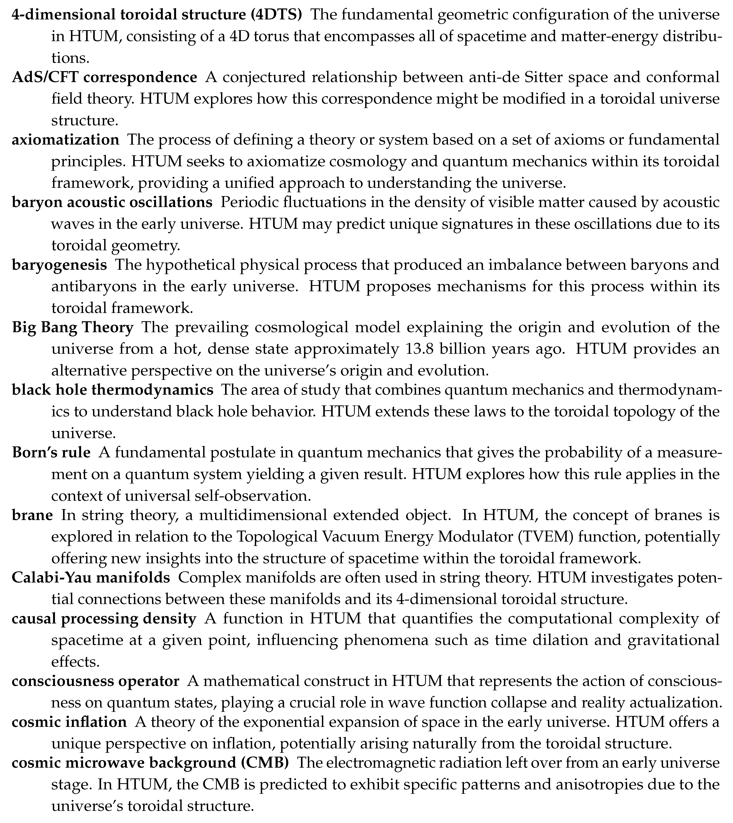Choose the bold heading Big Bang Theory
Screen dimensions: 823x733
click(72, 327)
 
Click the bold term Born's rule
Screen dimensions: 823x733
click(51, 452)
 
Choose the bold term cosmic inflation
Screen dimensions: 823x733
click(69, 722)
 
